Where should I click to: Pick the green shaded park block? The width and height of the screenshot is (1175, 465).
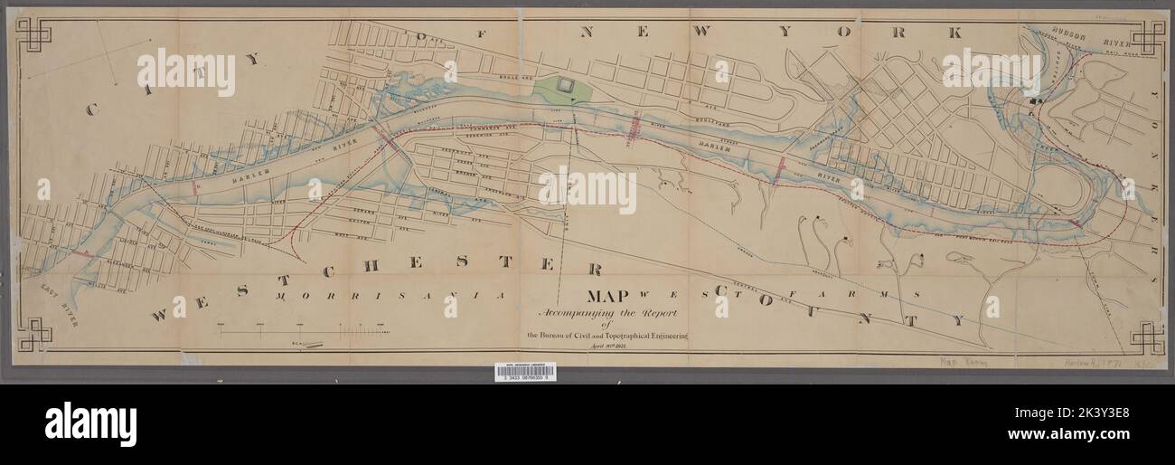(565, 88)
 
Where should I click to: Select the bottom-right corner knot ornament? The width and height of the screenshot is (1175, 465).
(1145, 337)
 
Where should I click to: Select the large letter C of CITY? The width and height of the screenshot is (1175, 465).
(92, 109)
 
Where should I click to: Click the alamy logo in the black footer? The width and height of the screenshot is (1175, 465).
(90, 423)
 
